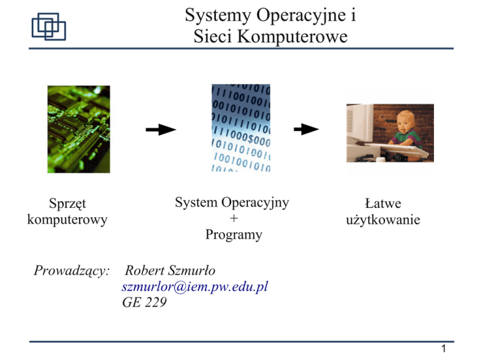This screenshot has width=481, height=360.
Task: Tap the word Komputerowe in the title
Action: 292,36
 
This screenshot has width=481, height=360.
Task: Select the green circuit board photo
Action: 79,129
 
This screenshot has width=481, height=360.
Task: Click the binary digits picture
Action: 240,128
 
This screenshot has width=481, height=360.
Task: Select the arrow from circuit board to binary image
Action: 161,130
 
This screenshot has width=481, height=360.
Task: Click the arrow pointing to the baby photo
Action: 306,129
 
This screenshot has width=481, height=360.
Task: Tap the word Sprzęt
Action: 68,203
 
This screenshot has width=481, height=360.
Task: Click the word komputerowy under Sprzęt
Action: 67,220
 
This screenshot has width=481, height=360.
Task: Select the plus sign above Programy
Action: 234,218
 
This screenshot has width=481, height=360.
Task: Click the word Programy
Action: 234,235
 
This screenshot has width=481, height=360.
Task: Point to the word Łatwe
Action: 383,203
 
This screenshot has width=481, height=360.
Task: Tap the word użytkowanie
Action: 383,220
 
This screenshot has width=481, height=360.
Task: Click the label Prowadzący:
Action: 71,270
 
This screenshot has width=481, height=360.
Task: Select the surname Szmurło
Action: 192,270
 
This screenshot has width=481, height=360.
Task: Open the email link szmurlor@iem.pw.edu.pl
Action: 195,287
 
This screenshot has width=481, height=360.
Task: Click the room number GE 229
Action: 144,302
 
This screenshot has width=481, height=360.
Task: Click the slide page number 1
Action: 443,349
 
